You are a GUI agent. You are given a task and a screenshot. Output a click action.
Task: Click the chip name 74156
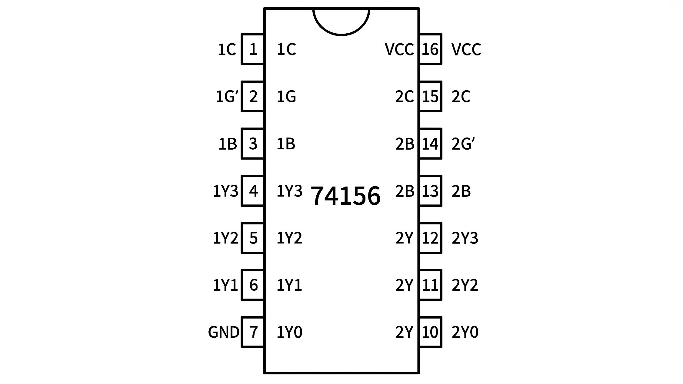[x=345, y=196]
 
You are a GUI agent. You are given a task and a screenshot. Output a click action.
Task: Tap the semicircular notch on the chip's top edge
[x=341, y=35]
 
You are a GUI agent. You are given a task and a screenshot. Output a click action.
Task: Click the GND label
[x=224, y=332]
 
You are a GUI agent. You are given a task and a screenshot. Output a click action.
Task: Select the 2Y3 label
[x=465, y=238]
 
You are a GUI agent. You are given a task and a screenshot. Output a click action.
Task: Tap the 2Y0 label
[x=465, y=332]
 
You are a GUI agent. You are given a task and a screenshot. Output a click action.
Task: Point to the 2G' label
[x=463, y=144]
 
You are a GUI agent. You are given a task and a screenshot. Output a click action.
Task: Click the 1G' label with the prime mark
[x=227, y=97]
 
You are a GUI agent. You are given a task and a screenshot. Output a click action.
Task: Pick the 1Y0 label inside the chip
[x=289, y=332]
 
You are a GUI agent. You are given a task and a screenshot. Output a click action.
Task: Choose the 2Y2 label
[x=465, y=285]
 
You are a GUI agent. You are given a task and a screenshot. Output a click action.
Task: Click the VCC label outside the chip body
[x=466, y=49]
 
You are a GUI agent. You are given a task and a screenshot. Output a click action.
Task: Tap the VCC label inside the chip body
[x=399, y=49]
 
